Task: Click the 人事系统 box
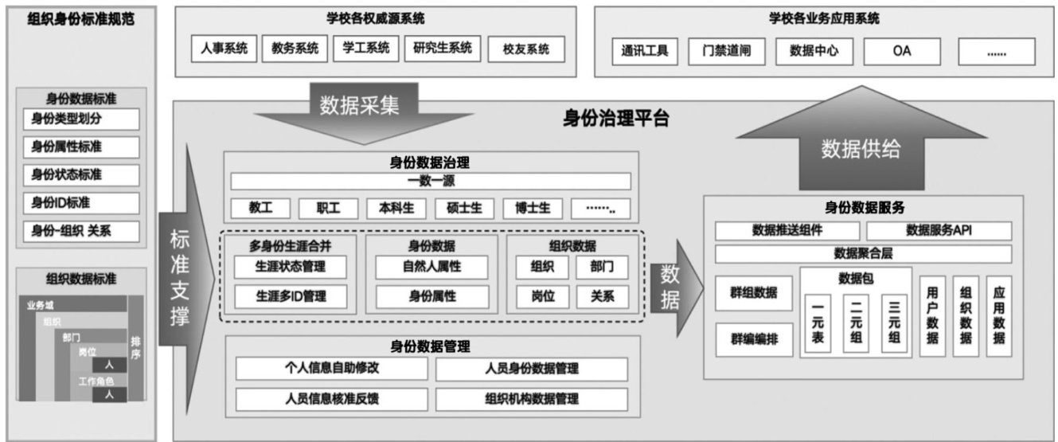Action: coord(223,49)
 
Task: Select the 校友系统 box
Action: coord(526,49)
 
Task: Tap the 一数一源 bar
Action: coord(430,182)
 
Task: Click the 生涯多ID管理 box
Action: coord(291,296)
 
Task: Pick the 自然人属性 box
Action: coord(431,267)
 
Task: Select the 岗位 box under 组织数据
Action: coord(544,296)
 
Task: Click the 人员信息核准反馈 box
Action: coord(332,399)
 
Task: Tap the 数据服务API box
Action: coord(939,231)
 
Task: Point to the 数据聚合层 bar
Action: coord(863,254)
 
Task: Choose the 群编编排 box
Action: coord(754,340)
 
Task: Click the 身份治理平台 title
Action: coord(615,119)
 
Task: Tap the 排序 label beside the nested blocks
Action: coord(135,347)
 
